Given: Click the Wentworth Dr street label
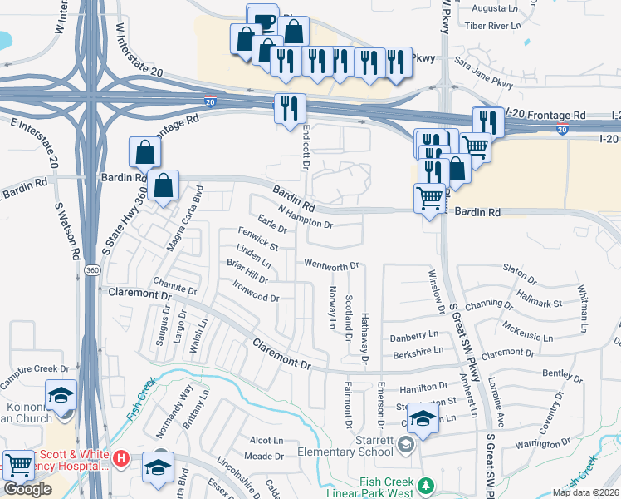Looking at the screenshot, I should (x=331, y=266).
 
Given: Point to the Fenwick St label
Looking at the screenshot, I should (x=257, y=240).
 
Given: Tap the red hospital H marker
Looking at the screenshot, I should (x=120, y=457).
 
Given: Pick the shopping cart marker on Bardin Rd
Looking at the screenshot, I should (x=428, y=198).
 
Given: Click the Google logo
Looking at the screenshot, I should (x=27, y=489).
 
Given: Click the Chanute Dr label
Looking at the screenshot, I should (x=175, y=285).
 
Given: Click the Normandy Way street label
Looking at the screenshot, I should (x=182, y=398).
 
